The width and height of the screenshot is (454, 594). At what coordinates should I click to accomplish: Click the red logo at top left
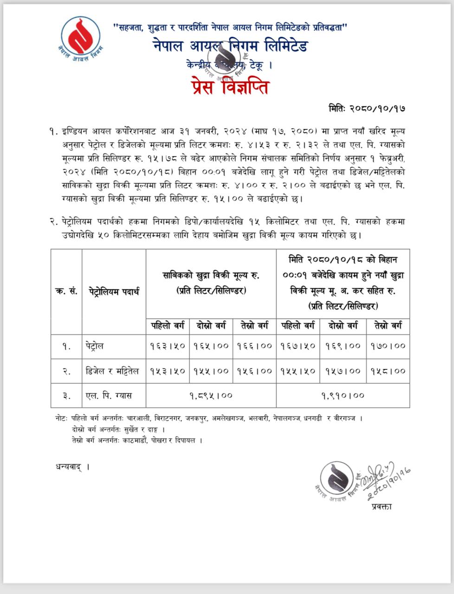[x=80, y=35]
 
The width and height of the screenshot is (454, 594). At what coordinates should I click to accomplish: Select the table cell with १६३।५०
[x=168, y=346]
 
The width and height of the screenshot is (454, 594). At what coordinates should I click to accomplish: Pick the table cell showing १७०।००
[x=388, y=346]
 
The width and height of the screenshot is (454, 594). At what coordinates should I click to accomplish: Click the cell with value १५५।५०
[x=298, y=371]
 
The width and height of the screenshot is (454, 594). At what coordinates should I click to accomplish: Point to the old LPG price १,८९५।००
[x=211, y=395]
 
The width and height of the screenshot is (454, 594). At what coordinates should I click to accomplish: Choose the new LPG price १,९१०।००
[x=343, y=395]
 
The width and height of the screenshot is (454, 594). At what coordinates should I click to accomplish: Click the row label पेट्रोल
[x=95, y=346]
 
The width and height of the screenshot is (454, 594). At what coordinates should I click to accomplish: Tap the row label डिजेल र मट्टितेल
[x=112, y=371]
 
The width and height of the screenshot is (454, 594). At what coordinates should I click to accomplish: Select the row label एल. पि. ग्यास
[x=109, y=396]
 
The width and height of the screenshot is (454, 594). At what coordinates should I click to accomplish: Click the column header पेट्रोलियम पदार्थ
[x=114, y=292]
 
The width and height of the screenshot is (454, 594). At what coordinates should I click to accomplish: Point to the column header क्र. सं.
[x=66, y=292]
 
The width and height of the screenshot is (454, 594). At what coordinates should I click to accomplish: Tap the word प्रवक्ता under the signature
[x=382, y=506]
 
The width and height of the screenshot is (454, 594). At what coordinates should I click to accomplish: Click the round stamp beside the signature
[x=337, y=478]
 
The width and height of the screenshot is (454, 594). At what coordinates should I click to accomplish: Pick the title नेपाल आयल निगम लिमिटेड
[x=230, y=46]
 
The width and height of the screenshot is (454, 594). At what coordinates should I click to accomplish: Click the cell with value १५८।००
[x=388, y=371]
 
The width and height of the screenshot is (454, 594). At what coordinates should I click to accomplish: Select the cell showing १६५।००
[x=211, y=346]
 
